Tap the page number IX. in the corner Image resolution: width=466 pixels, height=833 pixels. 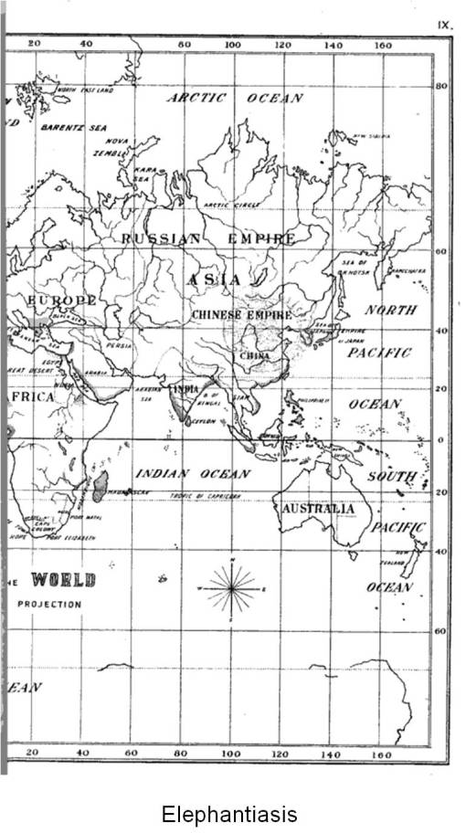[445, 26]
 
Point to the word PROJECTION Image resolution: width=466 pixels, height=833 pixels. [48, 604]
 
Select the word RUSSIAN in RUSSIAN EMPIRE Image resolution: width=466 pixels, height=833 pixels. [161, 238]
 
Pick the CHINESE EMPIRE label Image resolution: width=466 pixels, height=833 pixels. [241, 314]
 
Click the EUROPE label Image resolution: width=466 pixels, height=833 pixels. [61, 301]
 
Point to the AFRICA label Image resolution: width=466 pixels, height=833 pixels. [31, 397]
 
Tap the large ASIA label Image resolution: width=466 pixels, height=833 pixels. [214, 279]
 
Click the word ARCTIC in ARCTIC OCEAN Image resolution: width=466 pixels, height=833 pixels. [196, 98]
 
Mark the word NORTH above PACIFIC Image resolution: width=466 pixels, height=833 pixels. [392, 310]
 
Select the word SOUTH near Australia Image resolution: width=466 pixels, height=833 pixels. [391, 477]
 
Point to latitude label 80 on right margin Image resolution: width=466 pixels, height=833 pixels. [440, 86]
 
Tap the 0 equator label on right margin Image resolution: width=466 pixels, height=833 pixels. [440, 439]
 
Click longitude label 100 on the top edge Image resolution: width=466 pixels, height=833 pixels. [232, 44]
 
